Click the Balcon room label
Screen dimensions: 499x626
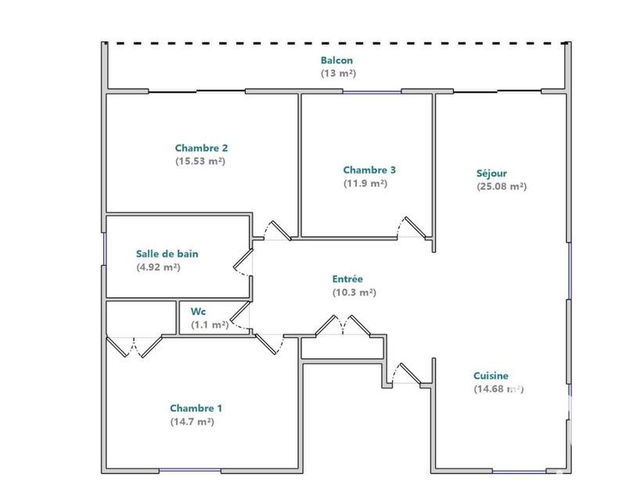point(336,60)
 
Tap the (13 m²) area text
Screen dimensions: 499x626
point(336,74)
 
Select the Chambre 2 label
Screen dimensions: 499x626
point(201,147)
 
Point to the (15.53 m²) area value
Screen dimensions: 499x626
point(201,160)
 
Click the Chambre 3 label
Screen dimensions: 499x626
point(369,170)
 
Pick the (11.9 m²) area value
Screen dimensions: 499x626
point(365,183)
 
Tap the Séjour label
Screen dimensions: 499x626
point(492,173)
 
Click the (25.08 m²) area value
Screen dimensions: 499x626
point(501,186)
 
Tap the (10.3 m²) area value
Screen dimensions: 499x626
point(354,293)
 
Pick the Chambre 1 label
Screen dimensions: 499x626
point(196,408)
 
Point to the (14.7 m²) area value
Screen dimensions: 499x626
point(192,422)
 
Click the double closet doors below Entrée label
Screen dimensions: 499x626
point(342,325)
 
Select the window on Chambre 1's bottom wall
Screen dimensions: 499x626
point(190,470)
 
